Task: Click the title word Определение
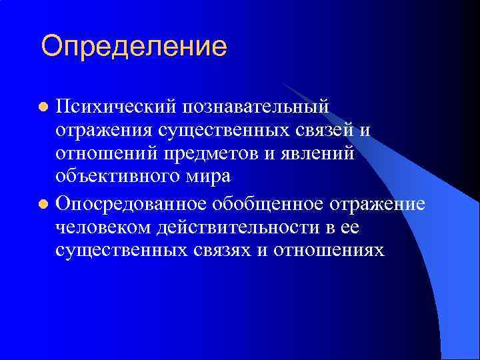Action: [x=134, y=47]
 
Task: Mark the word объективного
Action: [x=125, y=177]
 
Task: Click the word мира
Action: [x=213, y=177]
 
